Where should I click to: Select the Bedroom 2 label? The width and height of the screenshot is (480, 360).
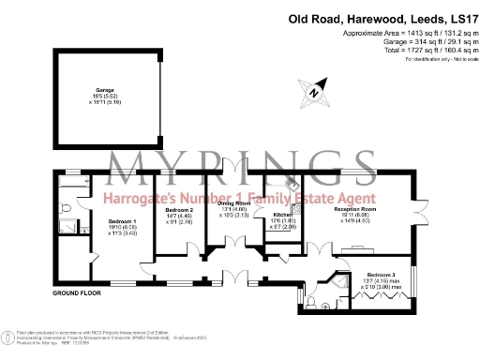coord(179,212)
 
